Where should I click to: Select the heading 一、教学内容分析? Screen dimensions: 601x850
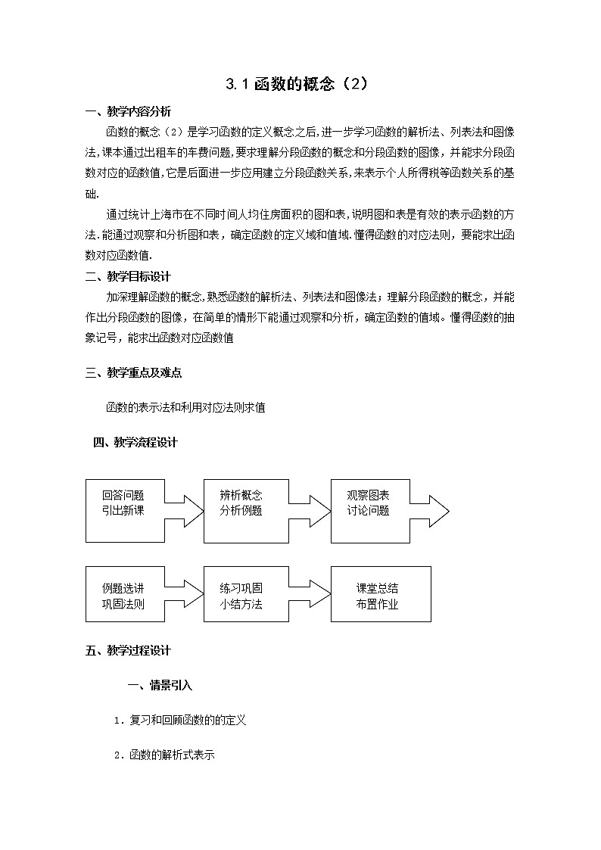pyautogui.click(x=129, y=112)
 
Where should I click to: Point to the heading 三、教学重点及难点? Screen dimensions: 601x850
pyautogui.click(x=134, y=372)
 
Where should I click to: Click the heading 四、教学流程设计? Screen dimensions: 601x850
pyautogui.click(x=136, y=443)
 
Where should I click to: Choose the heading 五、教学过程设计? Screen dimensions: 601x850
pyautogui.click(x=129, y=650)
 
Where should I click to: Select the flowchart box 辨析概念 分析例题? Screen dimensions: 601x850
pyautogui.click(x=241, y=510)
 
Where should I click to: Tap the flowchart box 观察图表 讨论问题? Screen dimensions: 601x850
pyautogui.click(x=369, y=510)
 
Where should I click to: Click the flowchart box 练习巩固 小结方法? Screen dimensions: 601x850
pyautogui.click(x=241, y=594)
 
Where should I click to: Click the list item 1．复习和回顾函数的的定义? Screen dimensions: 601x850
pyautogui.click(x=180, y=721)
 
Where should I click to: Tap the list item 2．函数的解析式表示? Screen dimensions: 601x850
pyautogui.click(x=164, y=755)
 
